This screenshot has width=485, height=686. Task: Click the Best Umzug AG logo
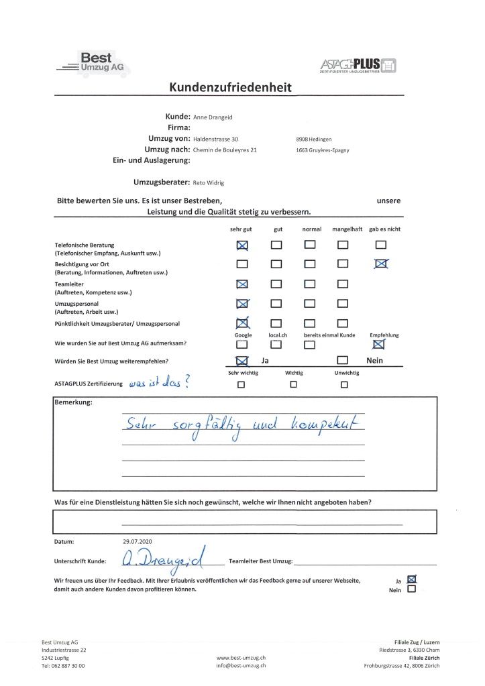coord(93,63)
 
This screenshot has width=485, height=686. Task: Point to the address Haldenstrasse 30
coord(216,139)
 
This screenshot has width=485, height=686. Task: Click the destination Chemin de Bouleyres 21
coord(225,150)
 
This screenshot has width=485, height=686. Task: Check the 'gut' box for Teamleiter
coord(276,284)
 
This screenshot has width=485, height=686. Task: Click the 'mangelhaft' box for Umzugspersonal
coord(342,304)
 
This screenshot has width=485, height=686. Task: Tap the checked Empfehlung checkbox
coord(379,344)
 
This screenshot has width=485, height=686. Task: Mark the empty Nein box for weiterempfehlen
coord(342,361)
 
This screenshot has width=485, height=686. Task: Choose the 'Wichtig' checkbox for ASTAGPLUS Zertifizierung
coord(293,385)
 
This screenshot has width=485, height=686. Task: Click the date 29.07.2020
coord(138,540)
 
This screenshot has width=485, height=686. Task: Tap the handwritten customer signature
coord(164,559)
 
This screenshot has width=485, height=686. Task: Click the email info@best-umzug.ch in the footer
coord(241,666)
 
